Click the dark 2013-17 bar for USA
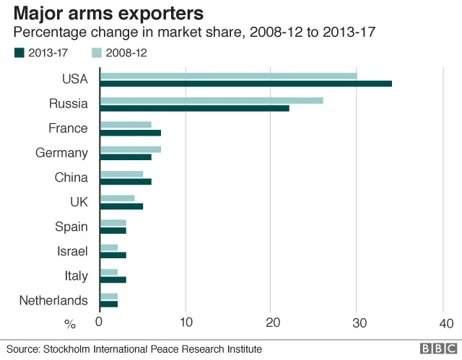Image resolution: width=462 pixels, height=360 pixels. tap(245, 84)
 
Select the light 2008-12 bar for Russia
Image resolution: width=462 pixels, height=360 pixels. tap(211, 100)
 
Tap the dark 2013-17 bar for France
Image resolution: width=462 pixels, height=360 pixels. tap(130, 133)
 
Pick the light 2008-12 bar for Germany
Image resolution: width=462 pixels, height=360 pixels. tap(130, 149)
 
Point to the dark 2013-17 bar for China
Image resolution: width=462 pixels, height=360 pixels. tap(126, 182)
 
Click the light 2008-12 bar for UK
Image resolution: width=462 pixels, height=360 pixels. tap(117, 198)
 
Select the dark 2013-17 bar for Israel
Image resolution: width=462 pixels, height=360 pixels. tap(113, 255)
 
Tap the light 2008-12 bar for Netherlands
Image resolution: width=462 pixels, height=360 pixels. tap(108, 297)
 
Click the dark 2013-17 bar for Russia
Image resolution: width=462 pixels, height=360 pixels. tap(194, 108)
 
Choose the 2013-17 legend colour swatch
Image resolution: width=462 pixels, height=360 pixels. tap(19, 52)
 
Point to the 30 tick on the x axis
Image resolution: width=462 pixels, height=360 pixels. tap(357, 322)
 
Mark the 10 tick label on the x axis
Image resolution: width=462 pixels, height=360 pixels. tap(186, 322)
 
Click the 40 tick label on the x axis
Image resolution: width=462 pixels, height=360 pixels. tap(445, 322)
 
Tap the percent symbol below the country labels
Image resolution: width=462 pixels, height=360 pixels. tap(70, 324)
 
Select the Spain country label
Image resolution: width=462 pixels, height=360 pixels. tap(71, 227)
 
